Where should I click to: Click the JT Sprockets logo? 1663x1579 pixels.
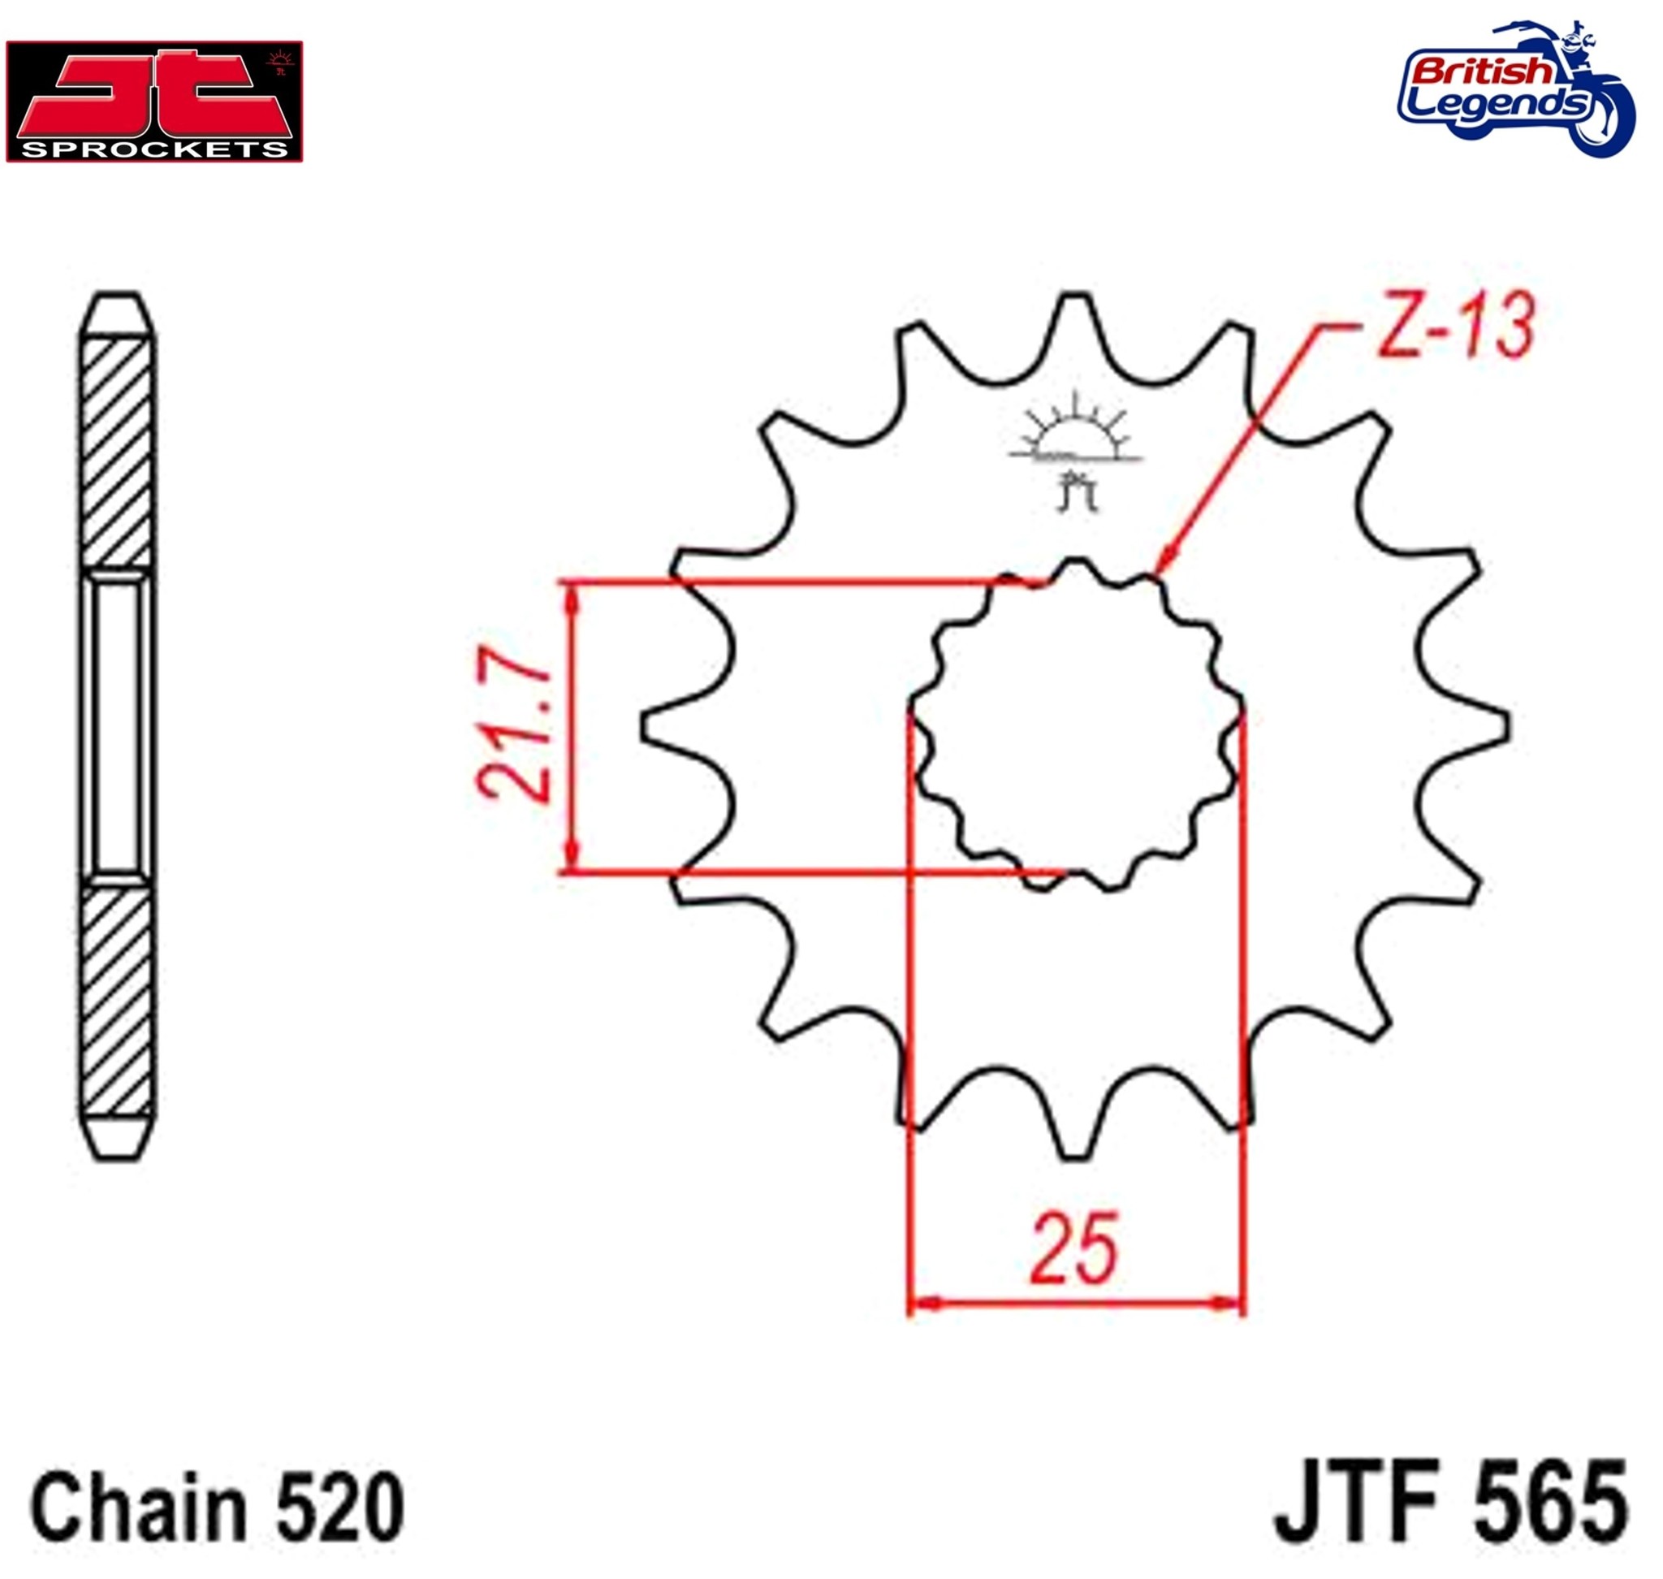tap(154, 101)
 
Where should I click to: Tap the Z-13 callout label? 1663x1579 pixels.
tap(1455, 326)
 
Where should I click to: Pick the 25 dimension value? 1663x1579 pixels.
tap(1075, 1250)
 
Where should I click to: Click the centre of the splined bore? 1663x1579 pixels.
tap(1078, 725)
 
